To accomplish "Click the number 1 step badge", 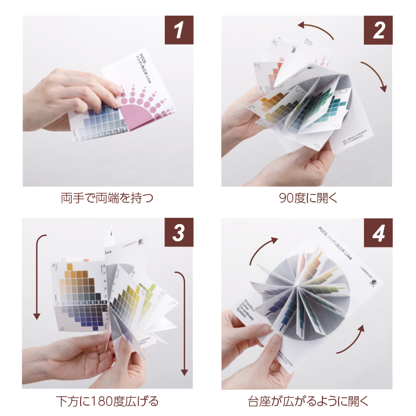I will [x=179, y=30].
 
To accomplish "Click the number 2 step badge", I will [x=378, y=30].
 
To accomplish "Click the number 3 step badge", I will [x=179, y=232].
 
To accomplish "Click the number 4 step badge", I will [x=378, y=232].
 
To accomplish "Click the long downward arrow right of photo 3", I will [x=183, y=322].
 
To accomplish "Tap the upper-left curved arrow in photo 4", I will [x=263, y=250].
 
